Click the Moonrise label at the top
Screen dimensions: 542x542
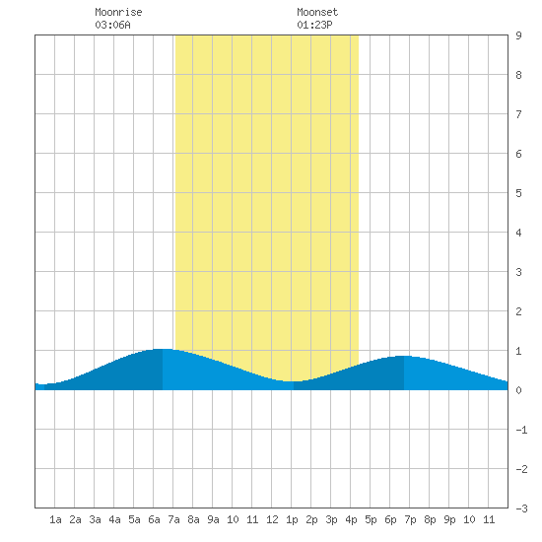tap(118, 12)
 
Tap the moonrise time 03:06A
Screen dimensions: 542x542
tap(112, 25)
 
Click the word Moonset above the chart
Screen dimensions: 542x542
tap(317, 12)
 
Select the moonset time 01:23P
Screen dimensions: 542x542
tap(314, 25)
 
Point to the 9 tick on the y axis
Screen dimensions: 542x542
tap(518, 35)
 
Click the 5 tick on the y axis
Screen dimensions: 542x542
tap(518, 193)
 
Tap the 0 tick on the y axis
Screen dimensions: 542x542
tap(518, 390)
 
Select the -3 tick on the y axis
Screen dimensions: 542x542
tap(521, 508)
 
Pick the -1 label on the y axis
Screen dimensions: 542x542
tap(521, 430)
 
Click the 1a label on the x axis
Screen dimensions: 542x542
tap(55, 519)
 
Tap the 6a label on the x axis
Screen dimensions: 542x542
tap(154, 519)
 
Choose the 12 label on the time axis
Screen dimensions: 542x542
tap(272, 519)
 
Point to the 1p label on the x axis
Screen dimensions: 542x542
tap(292, 519)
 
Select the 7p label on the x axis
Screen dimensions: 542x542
tap(410, 519)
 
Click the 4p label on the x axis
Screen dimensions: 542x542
tap(351, 519)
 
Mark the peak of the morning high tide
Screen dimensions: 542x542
tap(163, 349)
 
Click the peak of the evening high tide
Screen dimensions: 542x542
tap(404, 356)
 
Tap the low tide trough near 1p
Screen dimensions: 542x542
tap(293, 381)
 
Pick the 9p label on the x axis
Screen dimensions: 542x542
tap(449, 519)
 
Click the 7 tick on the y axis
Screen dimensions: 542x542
tap(518, 114)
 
